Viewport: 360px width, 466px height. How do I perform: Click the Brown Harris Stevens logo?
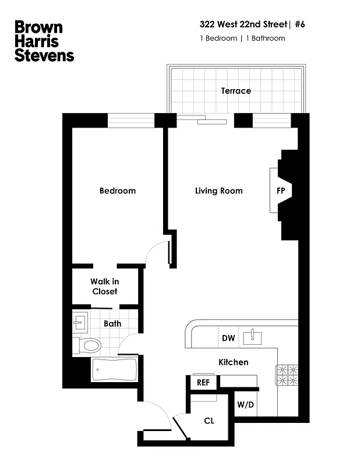pos(44,41)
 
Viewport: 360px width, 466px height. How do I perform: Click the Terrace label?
pos(236,91)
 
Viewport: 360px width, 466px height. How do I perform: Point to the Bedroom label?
pos(117,191)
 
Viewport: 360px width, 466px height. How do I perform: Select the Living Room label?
pos(218,191)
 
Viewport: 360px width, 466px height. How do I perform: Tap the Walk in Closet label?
pos(104,287)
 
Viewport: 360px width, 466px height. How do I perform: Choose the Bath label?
pos(112,323)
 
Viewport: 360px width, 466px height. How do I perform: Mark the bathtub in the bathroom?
pos(115,369)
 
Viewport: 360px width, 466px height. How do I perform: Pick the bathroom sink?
pos(80,321)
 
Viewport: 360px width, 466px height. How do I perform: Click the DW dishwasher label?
pos(228,338)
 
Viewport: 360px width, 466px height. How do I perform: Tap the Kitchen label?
pos(233,362)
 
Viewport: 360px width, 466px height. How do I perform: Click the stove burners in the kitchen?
pos(287,375)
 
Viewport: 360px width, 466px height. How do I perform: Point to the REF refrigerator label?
pos(203,383)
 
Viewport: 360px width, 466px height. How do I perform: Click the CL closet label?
pos(209,421)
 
